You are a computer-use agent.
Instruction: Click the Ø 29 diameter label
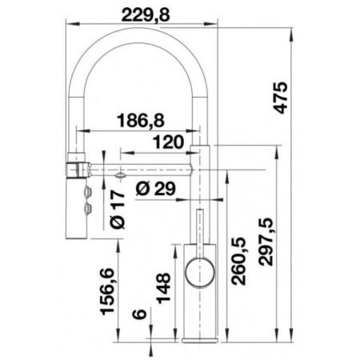(x=156, y=190)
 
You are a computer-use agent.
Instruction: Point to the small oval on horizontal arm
(x=119, y=174)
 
